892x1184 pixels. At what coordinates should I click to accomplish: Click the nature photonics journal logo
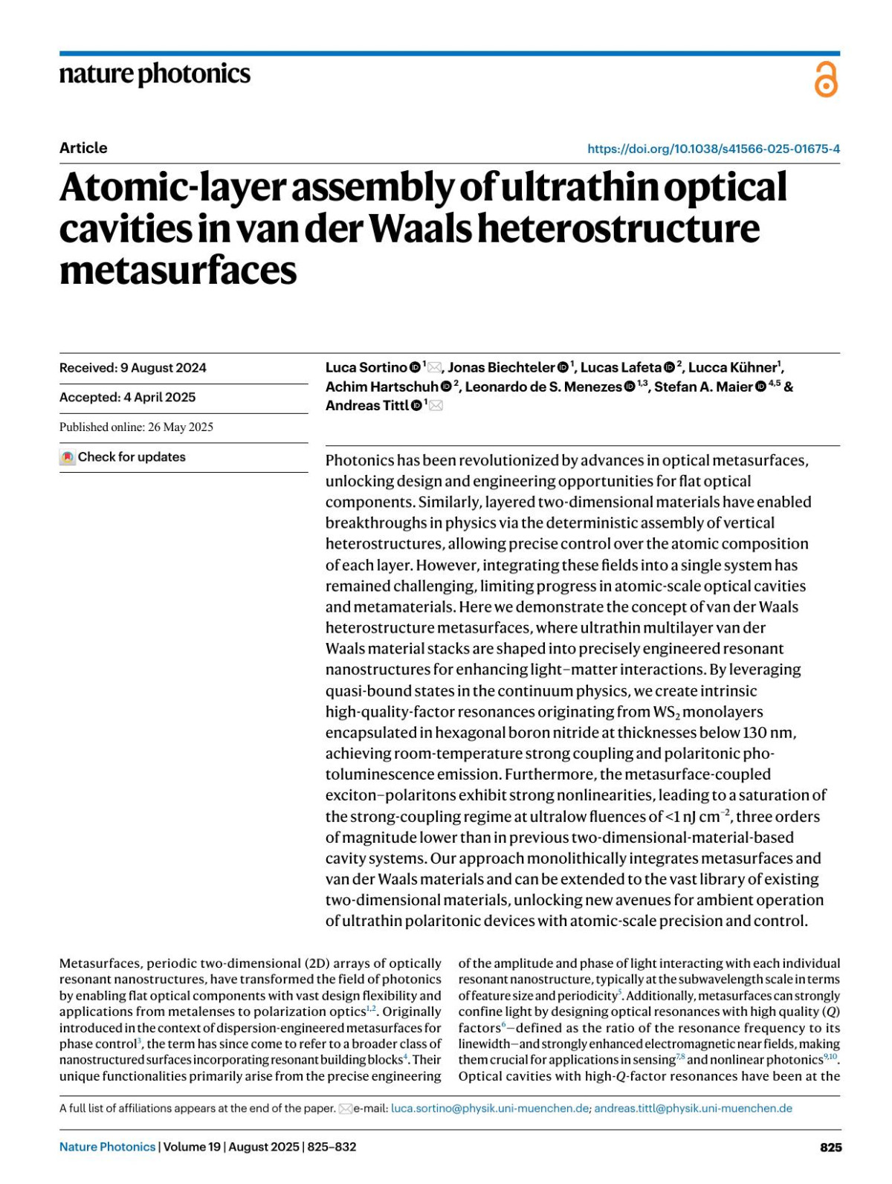coord(155,74)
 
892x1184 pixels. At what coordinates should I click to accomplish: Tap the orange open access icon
coord(825,80)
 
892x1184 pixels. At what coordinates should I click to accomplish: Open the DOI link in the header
coord(713,149)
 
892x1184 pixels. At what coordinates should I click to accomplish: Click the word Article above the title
coord(83,148)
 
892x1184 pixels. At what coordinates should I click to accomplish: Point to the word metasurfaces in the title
coord(178,270)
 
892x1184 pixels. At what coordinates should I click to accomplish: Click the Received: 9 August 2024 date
coord(133,368)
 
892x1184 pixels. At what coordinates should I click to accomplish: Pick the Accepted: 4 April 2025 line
coord(128,398)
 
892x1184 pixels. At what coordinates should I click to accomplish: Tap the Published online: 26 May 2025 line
coord(136,427)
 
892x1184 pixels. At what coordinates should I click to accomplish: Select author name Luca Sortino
coord(366,368)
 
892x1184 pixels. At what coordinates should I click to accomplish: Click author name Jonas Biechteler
coord(501,368)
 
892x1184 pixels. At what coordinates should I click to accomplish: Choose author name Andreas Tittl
coord(367,406)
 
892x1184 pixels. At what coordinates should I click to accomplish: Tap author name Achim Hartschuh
coord(382,386)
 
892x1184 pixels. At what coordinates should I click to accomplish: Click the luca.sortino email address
coord(491,1108)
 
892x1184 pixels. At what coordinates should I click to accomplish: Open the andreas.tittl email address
coord(693,1108)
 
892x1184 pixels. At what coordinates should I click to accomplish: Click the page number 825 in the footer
coord(830,1148)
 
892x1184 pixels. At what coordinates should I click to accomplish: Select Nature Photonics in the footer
coord(107,1147)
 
